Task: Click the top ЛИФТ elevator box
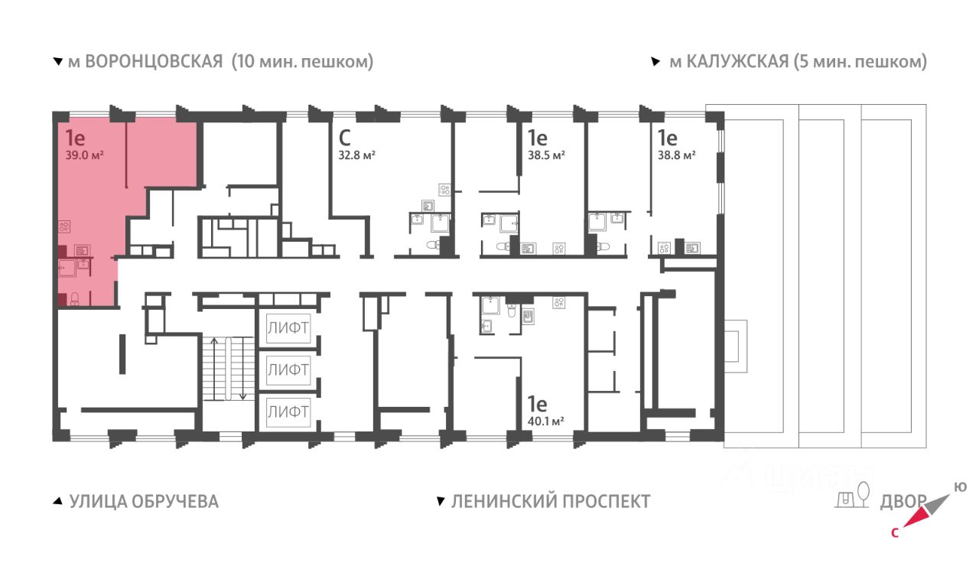click(288, 328)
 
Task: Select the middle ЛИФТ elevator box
click(288, 369)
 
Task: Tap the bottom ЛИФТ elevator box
click(288, 412)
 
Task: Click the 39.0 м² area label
click(84, 155)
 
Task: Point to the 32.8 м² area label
click(357, 155)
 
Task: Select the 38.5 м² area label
click(546, 155)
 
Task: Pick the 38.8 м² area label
click(677, 155)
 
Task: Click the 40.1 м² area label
click(545, 421)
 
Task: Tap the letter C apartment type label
click(344, 138)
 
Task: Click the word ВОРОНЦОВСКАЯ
click(154, 62)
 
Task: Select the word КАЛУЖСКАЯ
click(737, 62)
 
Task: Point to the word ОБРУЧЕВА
click(175, 502)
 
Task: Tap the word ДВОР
click(903, 502)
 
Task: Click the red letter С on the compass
click(895, 533)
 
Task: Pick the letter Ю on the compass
click(960, 487)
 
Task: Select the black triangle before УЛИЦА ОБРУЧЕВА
click(57, 501)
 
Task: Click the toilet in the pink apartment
click(75, 299)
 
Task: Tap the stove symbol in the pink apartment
click(64, 226)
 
